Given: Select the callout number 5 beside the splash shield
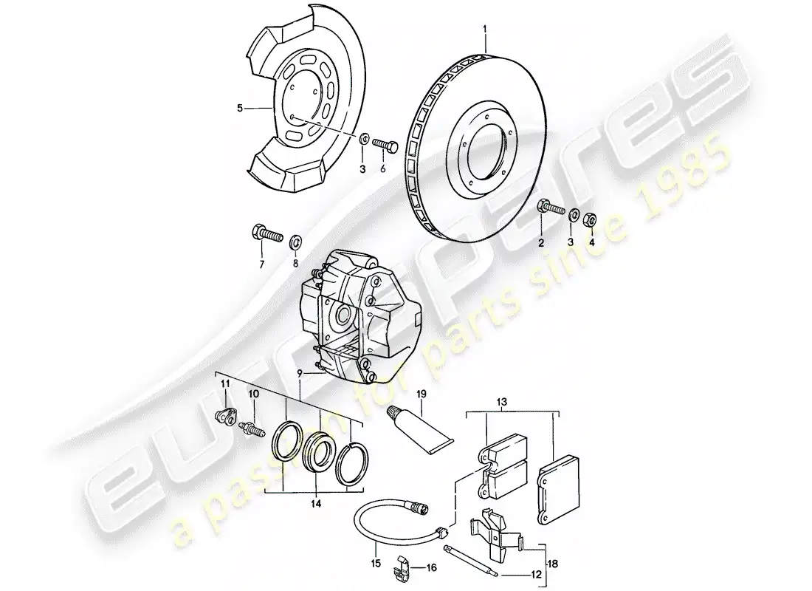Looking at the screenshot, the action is [x=240, y=108].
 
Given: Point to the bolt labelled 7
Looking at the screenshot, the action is [x=267, y=234].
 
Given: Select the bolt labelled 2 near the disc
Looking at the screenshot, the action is [x=551, y=208].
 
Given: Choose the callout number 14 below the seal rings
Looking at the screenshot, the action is [x=317, y=503].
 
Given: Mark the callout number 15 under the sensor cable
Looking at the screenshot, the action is [x=376, y=563].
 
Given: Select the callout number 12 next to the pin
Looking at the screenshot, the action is [x=535, y=575].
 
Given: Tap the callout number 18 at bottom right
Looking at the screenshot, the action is [x=553, y=564].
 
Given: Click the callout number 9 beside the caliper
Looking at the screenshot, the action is [x=299, y=372].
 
